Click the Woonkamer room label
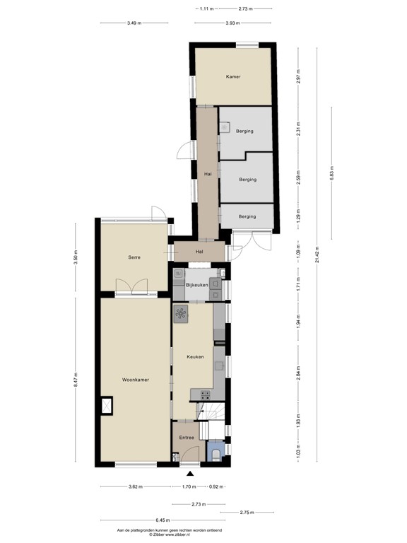pos(135,380)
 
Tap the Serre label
pos(134,257)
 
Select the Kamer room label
pos(233,76)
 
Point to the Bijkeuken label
pos(196,284)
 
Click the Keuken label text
pos(195,357)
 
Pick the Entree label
pos(186,438)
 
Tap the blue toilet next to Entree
pos(216,450)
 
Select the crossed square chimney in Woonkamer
pos(108,405)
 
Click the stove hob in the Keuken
pos(182,314)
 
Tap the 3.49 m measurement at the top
pos(134,23)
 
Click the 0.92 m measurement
pos(216,486)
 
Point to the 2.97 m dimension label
pos(300,76)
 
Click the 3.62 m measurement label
pos(136,486)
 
